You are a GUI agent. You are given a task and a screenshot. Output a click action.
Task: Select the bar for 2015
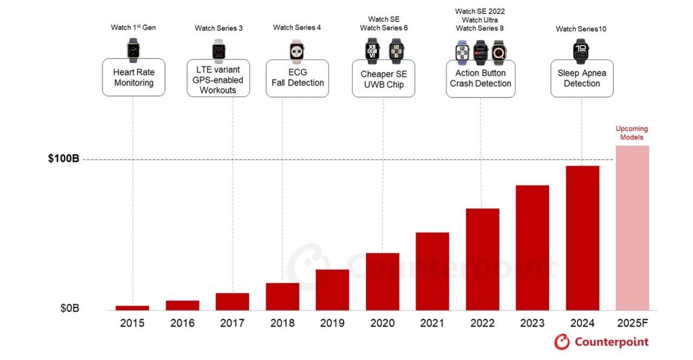[x=132, y=307]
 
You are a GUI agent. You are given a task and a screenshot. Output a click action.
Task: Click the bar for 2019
[x=332, y=290]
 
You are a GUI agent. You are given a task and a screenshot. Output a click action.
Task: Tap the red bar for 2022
[x=482, y=259]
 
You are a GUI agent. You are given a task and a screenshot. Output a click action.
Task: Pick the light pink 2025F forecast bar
[x=632, y=227]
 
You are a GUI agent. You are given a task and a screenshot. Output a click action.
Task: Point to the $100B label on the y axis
[x=63, y=159]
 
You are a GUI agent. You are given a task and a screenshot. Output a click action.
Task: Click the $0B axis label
[x=69, y=309]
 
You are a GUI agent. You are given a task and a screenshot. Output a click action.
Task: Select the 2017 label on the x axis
[x=232, y=323]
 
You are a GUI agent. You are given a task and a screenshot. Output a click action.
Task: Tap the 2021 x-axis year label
[x=432, y=323]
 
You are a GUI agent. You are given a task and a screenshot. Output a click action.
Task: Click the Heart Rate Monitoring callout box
[x=134, y=78]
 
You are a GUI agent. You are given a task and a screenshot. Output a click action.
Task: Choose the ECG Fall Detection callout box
[x=297, y=78]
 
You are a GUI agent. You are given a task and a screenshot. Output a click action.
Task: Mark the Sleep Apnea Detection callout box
[x=582, y=78]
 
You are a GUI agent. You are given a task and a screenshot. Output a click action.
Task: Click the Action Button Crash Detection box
[x=480, y=78]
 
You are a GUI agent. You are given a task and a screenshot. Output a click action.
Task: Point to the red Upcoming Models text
[x=631, y=133]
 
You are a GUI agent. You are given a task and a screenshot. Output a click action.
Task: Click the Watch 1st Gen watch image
[x=133, y=50]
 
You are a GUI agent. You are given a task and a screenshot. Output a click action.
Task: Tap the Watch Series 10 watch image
[x=581, y=51]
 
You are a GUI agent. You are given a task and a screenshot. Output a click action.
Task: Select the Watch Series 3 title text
[x=219, y=28]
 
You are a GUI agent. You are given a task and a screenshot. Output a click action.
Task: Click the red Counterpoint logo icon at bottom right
[x=561, y=342]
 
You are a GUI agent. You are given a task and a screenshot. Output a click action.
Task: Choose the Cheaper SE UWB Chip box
[x=383, y=79]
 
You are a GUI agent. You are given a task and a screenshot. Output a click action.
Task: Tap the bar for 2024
[x=582, y=238]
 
